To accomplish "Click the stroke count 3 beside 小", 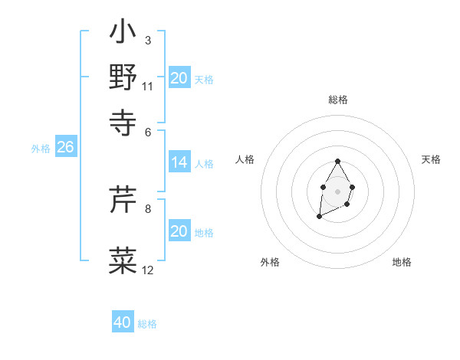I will [x=147, y=40].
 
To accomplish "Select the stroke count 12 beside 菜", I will [x=147, y=270].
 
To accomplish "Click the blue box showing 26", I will [x=65, y=147].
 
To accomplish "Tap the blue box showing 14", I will [x=179, y=162].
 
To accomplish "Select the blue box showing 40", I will [x=123, y=322].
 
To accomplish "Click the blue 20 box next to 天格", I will [x=179, y=78].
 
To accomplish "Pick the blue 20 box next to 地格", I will [x=179, y=231].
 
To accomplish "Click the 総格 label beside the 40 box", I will [x=147, y=324].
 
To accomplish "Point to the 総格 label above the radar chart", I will [x=337, y=100].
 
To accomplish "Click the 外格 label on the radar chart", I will [x=270, y=262].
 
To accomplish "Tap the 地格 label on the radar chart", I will [x=402, y=262].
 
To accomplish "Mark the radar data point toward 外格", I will [x=319, y=217].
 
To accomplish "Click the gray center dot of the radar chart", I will [x=337, y=190].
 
